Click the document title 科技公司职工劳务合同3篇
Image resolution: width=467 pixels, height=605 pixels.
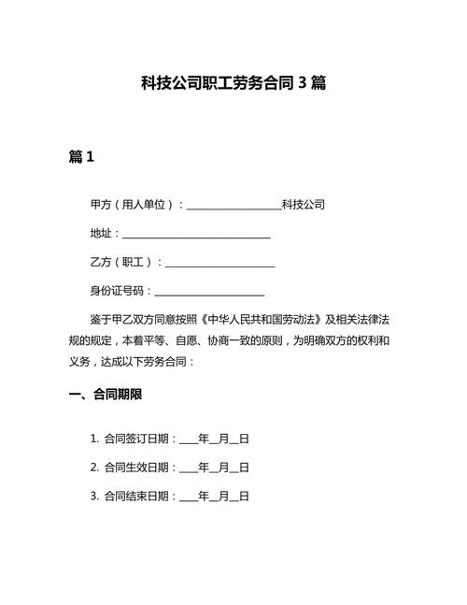pyautogui.click(x=233, y=83)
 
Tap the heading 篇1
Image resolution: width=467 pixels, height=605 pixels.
pyautogui.click(x=82, y=158)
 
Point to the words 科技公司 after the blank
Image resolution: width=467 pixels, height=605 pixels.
pyautogui.click(x=304, y=204)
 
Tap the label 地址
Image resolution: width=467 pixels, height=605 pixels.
pyautogui.click(x=101, y=233)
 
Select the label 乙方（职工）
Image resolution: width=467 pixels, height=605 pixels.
pyautogui.click(x=122, y=263)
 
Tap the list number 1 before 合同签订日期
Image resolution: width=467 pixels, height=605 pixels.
pyautogui.click(x=94, y=438)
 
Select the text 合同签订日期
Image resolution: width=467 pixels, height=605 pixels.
pyautogui.click(x=136, y=438)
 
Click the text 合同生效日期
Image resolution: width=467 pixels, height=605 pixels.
pyautogui.click(x=136, y=467)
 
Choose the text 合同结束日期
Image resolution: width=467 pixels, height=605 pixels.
pyautogui.click(x=136, y=496)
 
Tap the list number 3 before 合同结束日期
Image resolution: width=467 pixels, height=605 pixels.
pyautogui.click(x=94, y=496)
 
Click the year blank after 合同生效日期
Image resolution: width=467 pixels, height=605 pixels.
pyautogui.click(x=188, y=468)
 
